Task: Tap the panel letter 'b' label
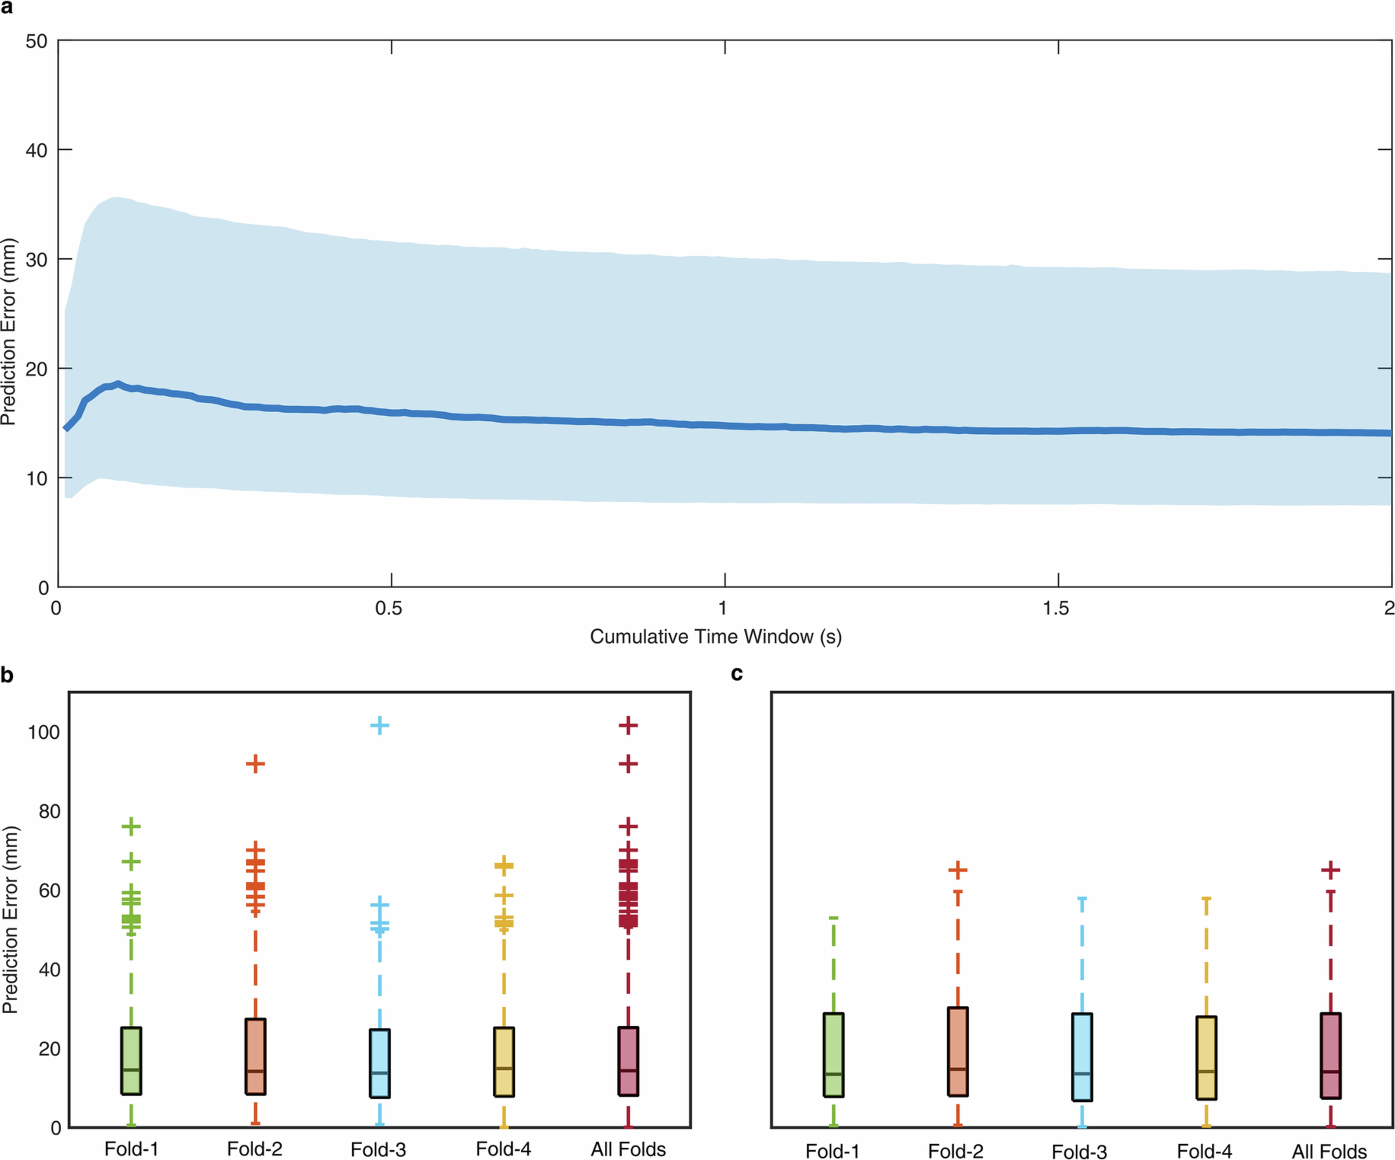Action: (7, 675)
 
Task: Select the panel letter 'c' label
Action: (737, 674)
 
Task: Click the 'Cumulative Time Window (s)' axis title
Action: (715, 636)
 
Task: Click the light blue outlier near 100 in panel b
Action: (379, 725)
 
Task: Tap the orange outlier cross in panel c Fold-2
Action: (957, 870)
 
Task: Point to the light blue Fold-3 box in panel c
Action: (1082, 1056)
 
